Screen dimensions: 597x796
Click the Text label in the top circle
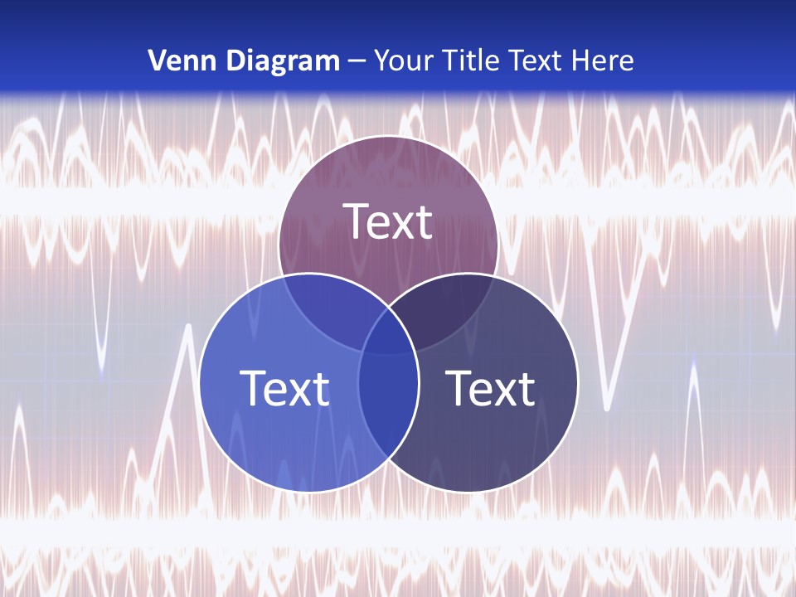tap(388, 222)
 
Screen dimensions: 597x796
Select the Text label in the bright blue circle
tap(284, 388)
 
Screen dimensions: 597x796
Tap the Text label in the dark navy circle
tap(490, 388)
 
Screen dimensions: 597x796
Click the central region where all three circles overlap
tap(388, 332)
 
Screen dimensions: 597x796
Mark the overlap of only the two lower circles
tap(388, 406)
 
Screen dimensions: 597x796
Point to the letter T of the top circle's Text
tap(356, 221)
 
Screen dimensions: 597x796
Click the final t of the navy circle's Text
tap(526, 388)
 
